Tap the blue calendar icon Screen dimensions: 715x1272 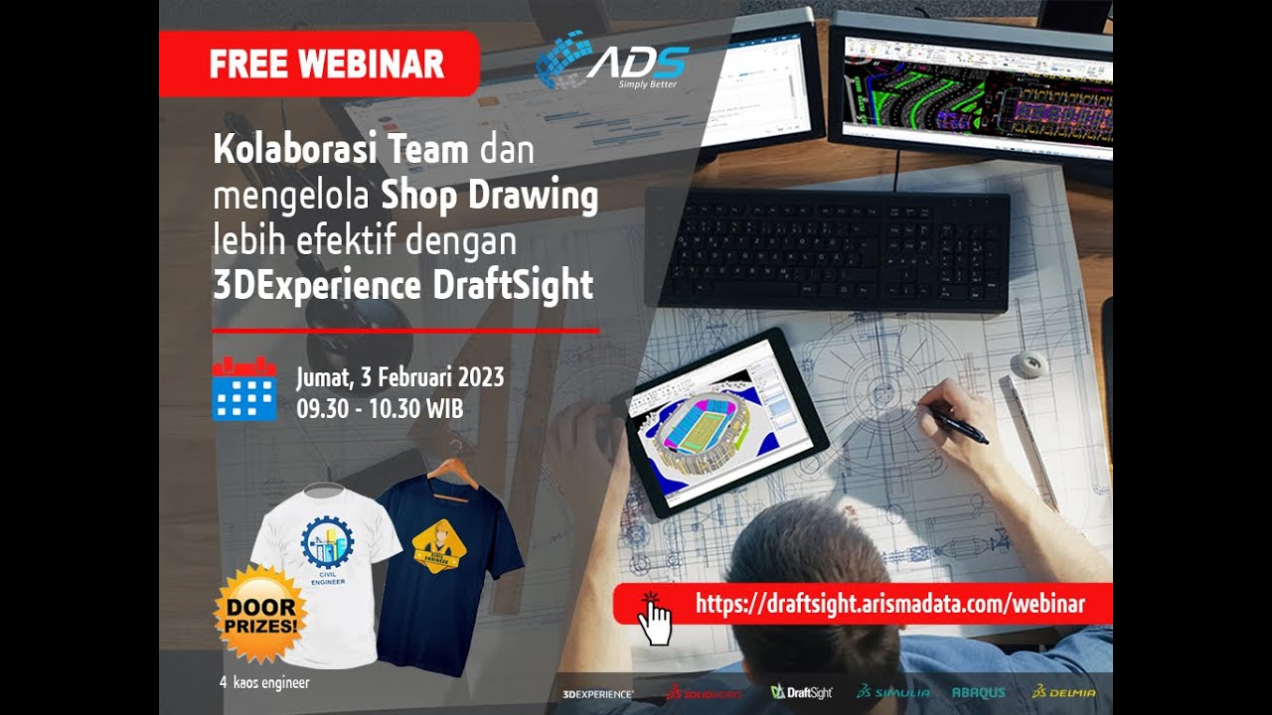[x=243, y=388]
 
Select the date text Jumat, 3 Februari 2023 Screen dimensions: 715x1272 [x=399, y=377]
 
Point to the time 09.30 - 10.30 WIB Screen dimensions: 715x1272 [x=380, y=407]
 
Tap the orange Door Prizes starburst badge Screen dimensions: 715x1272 [x=260, y=615]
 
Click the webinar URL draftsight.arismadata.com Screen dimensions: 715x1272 [x=889, y=603]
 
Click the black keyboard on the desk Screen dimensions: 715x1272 [x=827, y=248]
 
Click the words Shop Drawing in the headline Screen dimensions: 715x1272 [x=490, y=196]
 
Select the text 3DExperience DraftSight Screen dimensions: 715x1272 [x=402, y=285]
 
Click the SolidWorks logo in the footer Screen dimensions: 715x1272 [x=704, y=692]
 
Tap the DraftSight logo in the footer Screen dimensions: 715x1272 [x=801, y=692]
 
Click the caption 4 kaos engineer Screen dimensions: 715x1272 [x=264, y=683]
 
